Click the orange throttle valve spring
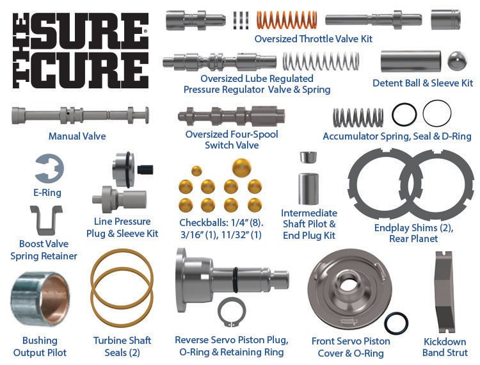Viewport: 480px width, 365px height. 287,20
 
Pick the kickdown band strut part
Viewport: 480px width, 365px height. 444,292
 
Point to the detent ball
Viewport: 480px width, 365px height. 457,61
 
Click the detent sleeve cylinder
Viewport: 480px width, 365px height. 410,61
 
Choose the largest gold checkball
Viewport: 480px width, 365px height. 241,168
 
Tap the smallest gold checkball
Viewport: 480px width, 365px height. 196,171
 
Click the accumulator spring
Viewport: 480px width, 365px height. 358,117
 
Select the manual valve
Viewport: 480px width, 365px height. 80,115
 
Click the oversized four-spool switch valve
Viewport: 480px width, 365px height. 232,117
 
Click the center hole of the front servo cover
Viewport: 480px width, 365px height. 347,285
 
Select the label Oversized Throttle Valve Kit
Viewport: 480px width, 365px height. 313,39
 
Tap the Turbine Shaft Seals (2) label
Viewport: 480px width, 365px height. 122,346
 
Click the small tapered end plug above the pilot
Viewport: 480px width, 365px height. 308,157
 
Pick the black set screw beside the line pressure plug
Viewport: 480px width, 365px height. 145,170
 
